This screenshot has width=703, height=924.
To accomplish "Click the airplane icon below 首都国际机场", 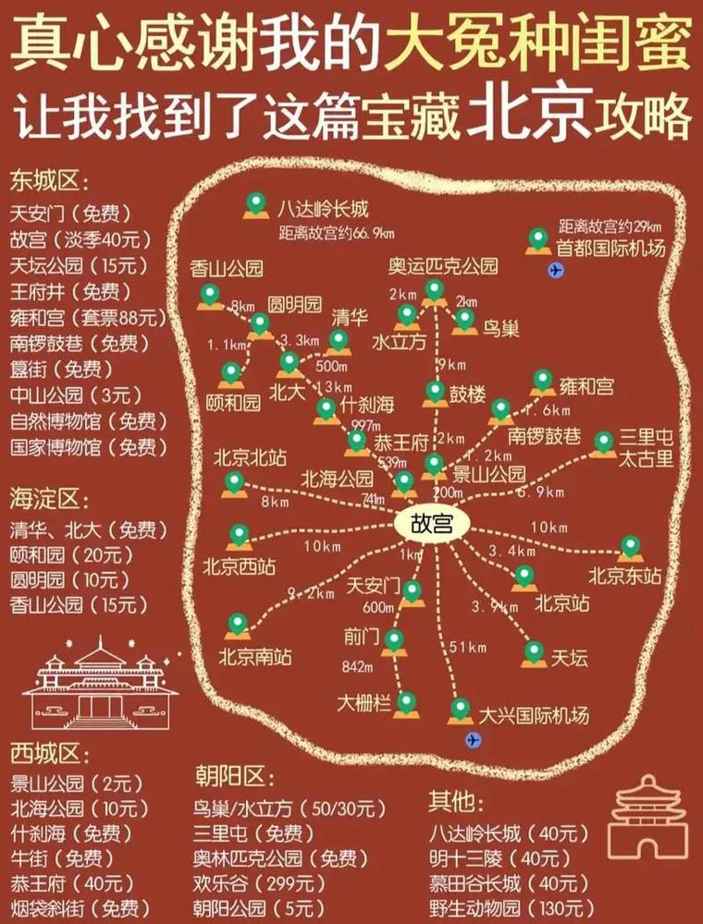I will (555, 271).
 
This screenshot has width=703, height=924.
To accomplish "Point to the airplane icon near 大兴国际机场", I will (474, 739).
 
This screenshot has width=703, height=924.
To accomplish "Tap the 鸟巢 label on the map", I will (500, 328).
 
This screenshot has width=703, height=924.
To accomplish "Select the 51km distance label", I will (466, 648).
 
